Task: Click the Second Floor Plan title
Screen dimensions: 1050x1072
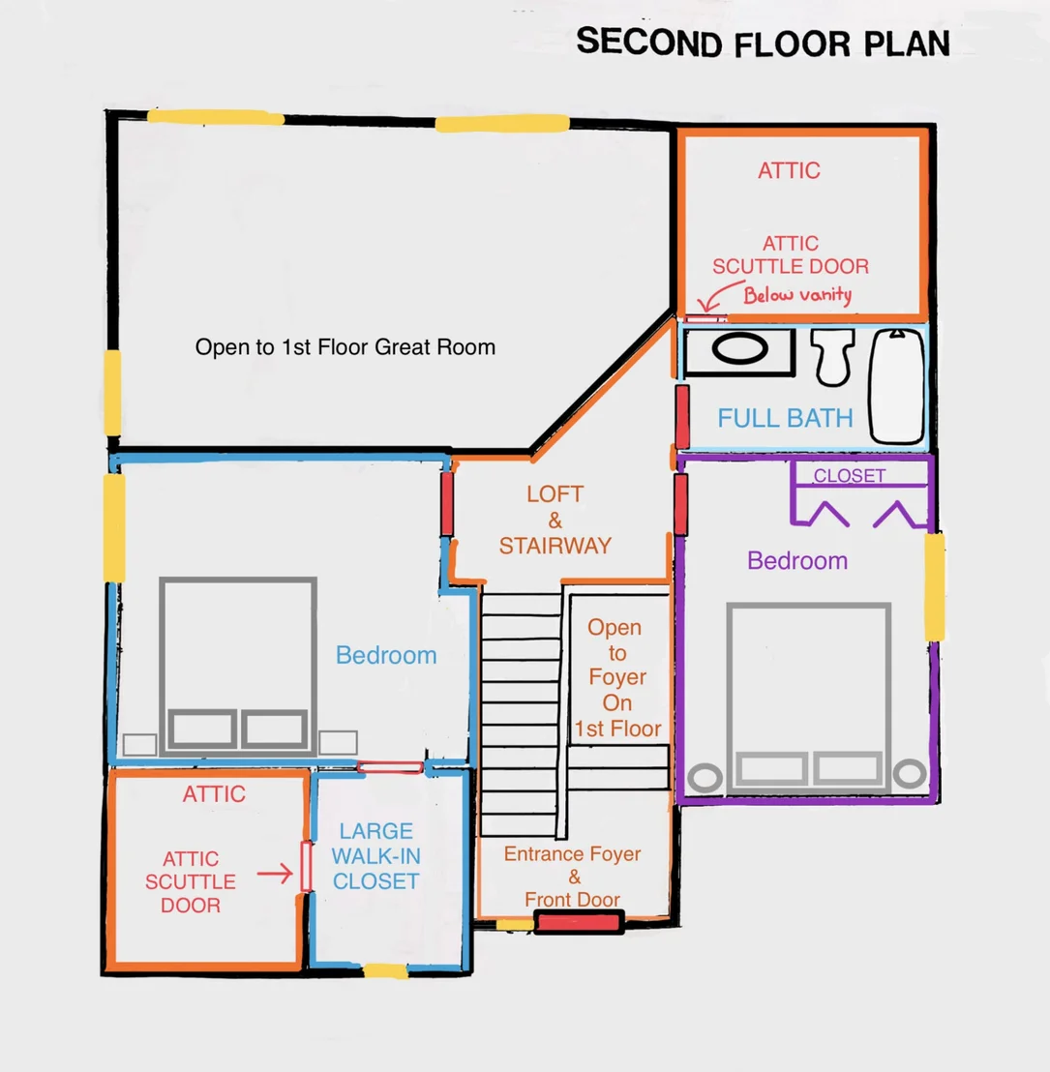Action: coord(763,44)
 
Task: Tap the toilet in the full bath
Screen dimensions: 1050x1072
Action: coord(832,357)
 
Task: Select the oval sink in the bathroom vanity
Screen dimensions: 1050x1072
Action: coord(740,348)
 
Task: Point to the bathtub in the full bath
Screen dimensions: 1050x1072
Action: coord(897,386)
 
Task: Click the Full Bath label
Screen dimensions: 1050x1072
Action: coord(785,418)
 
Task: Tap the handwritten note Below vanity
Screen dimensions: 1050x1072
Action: coord(797,295)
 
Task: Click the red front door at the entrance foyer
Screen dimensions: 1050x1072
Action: coord(579,922)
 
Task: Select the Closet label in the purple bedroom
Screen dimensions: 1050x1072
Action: coord(850,476)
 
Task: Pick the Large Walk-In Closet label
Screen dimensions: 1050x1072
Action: coord(376,856)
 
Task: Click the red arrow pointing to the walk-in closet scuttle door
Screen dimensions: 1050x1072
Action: coord(275,874)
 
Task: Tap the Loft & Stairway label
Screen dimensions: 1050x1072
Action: coord(555,520)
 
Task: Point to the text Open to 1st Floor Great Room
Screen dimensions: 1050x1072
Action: coord(345,346)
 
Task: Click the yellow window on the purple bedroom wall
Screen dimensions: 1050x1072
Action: coord(935,586)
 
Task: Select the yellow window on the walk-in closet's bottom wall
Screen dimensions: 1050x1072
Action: coord(386,970)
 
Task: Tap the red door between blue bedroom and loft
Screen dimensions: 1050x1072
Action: coord(447,504)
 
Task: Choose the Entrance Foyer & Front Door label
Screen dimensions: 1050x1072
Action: coord(573,877)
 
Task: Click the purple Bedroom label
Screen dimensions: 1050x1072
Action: coord(797,560)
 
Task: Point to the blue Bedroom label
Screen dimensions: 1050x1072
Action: coord(386,655)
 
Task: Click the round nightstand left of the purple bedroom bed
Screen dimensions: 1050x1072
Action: coord(705,777)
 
